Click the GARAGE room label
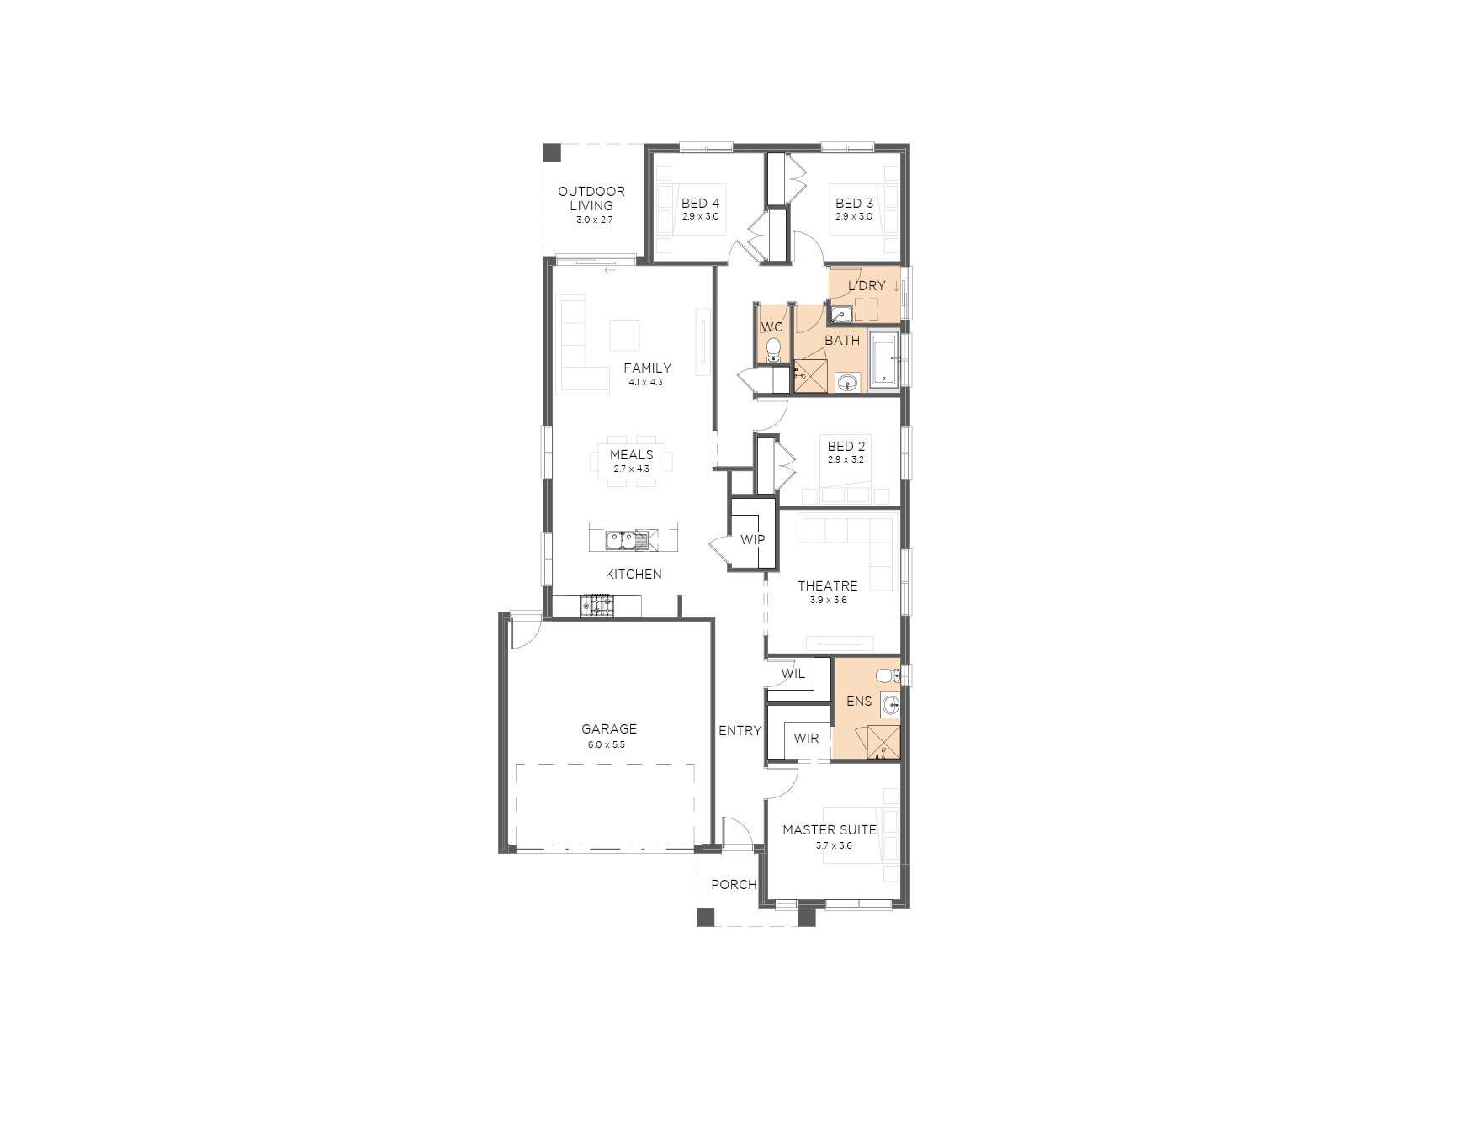point(609,729)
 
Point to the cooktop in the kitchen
point(597,605)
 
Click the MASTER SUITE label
point(830,830)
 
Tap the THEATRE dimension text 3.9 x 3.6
point(828,601)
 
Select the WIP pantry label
point(752,540)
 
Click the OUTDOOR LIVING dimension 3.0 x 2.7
point(594,220)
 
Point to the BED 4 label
point(700,204)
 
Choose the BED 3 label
point(854,204)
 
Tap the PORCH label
point(734,885)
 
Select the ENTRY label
point(740,731)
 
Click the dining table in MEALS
point(631,461)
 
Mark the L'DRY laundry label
point(867,286)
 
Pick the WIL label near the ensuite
point(793,674)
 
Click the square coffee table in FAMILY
point(624,336)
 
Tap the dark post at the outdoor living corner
point(551,152)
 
